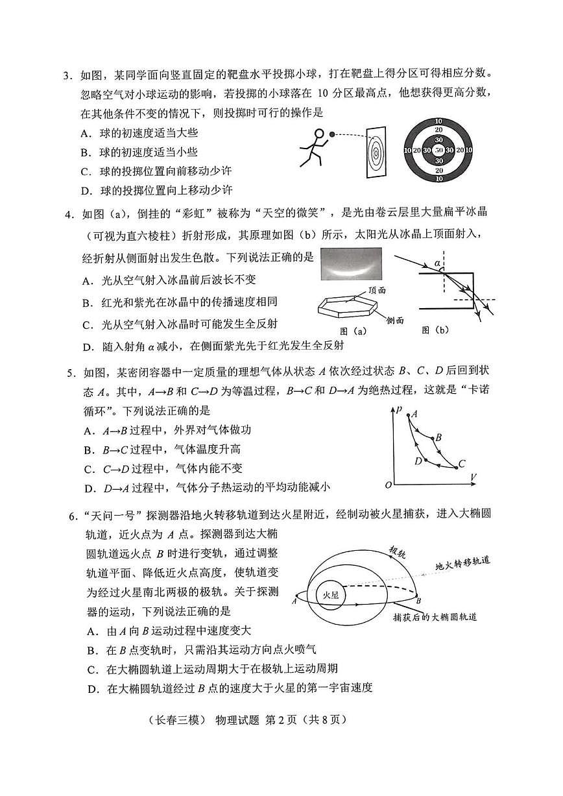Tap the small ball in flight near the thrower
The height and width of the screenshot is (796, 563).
332,134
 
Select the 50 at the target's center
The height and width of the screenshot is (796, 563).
438,151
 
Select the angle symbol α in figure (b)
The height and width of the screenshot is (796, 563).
437,263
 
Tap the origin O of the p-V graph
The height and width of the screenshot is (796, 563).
388,485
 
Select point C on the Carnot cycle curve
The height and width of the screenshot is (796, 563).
461,463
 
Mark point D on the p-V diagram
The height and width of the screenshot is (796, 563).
418,461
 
